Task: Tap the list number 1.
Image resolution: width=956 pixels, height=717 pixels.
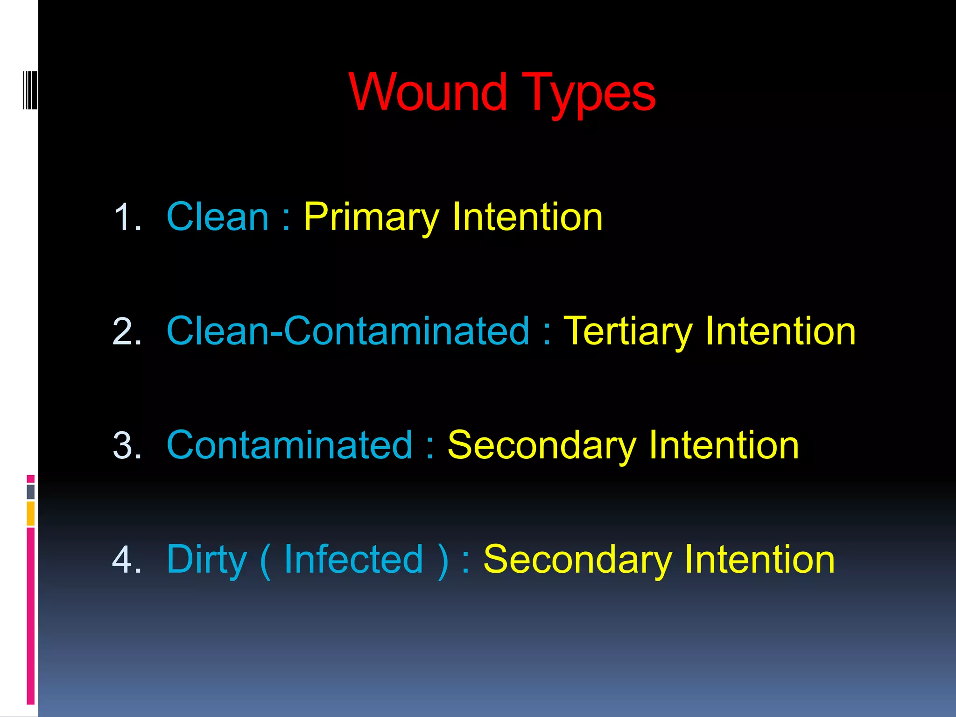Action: (x=127, y=217)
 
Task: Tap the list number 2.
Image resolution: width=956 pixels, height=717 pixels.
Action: (x=127, y=331)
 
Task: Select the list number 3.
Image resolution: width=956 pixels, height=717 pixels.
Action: (x=127, y=446)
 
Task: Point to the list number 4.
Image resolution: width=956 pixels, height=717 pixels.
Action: (x=127, y=559)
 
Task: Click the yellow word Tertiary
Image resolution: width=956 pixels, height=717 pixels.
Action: (x=628, y=332)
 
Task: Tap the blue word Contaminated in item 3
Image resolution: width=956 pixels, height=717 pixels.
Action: (x=289, y=445)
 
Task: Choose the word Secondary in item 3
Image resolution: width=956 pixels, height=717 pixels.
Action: (x=541, y=446)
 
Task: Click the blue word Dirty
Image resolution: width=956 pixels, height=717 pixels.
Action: (x=206, y=560)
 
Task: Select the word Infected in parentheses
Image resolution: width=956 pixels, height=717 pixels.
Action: (x=353, y=559)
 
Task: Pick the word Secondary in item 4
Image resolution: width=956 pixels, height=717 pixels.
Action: (x=577, y=560)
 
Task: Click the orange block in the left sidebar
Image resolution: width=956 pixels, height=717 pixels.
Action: (x=30, y=513)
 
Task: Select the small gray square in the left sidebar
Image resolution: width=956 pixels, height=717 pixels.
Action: (x=30, y=492)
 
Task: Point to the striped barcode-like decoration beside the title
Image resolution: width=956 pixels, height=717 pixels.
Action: (x=30, y=90)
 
